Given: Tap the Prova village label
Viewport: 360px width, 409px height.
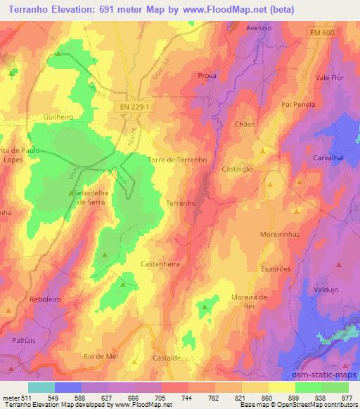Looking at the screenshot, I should (207, 75).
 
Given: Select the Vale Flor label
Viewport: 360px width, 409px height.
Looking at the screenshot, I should (330, 77).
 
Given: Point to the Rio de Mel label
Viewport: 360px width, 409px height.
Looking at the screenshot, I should (98, 357).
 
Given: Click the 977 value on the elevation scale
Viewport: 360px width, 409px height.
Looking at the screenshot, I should (347, 398).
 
